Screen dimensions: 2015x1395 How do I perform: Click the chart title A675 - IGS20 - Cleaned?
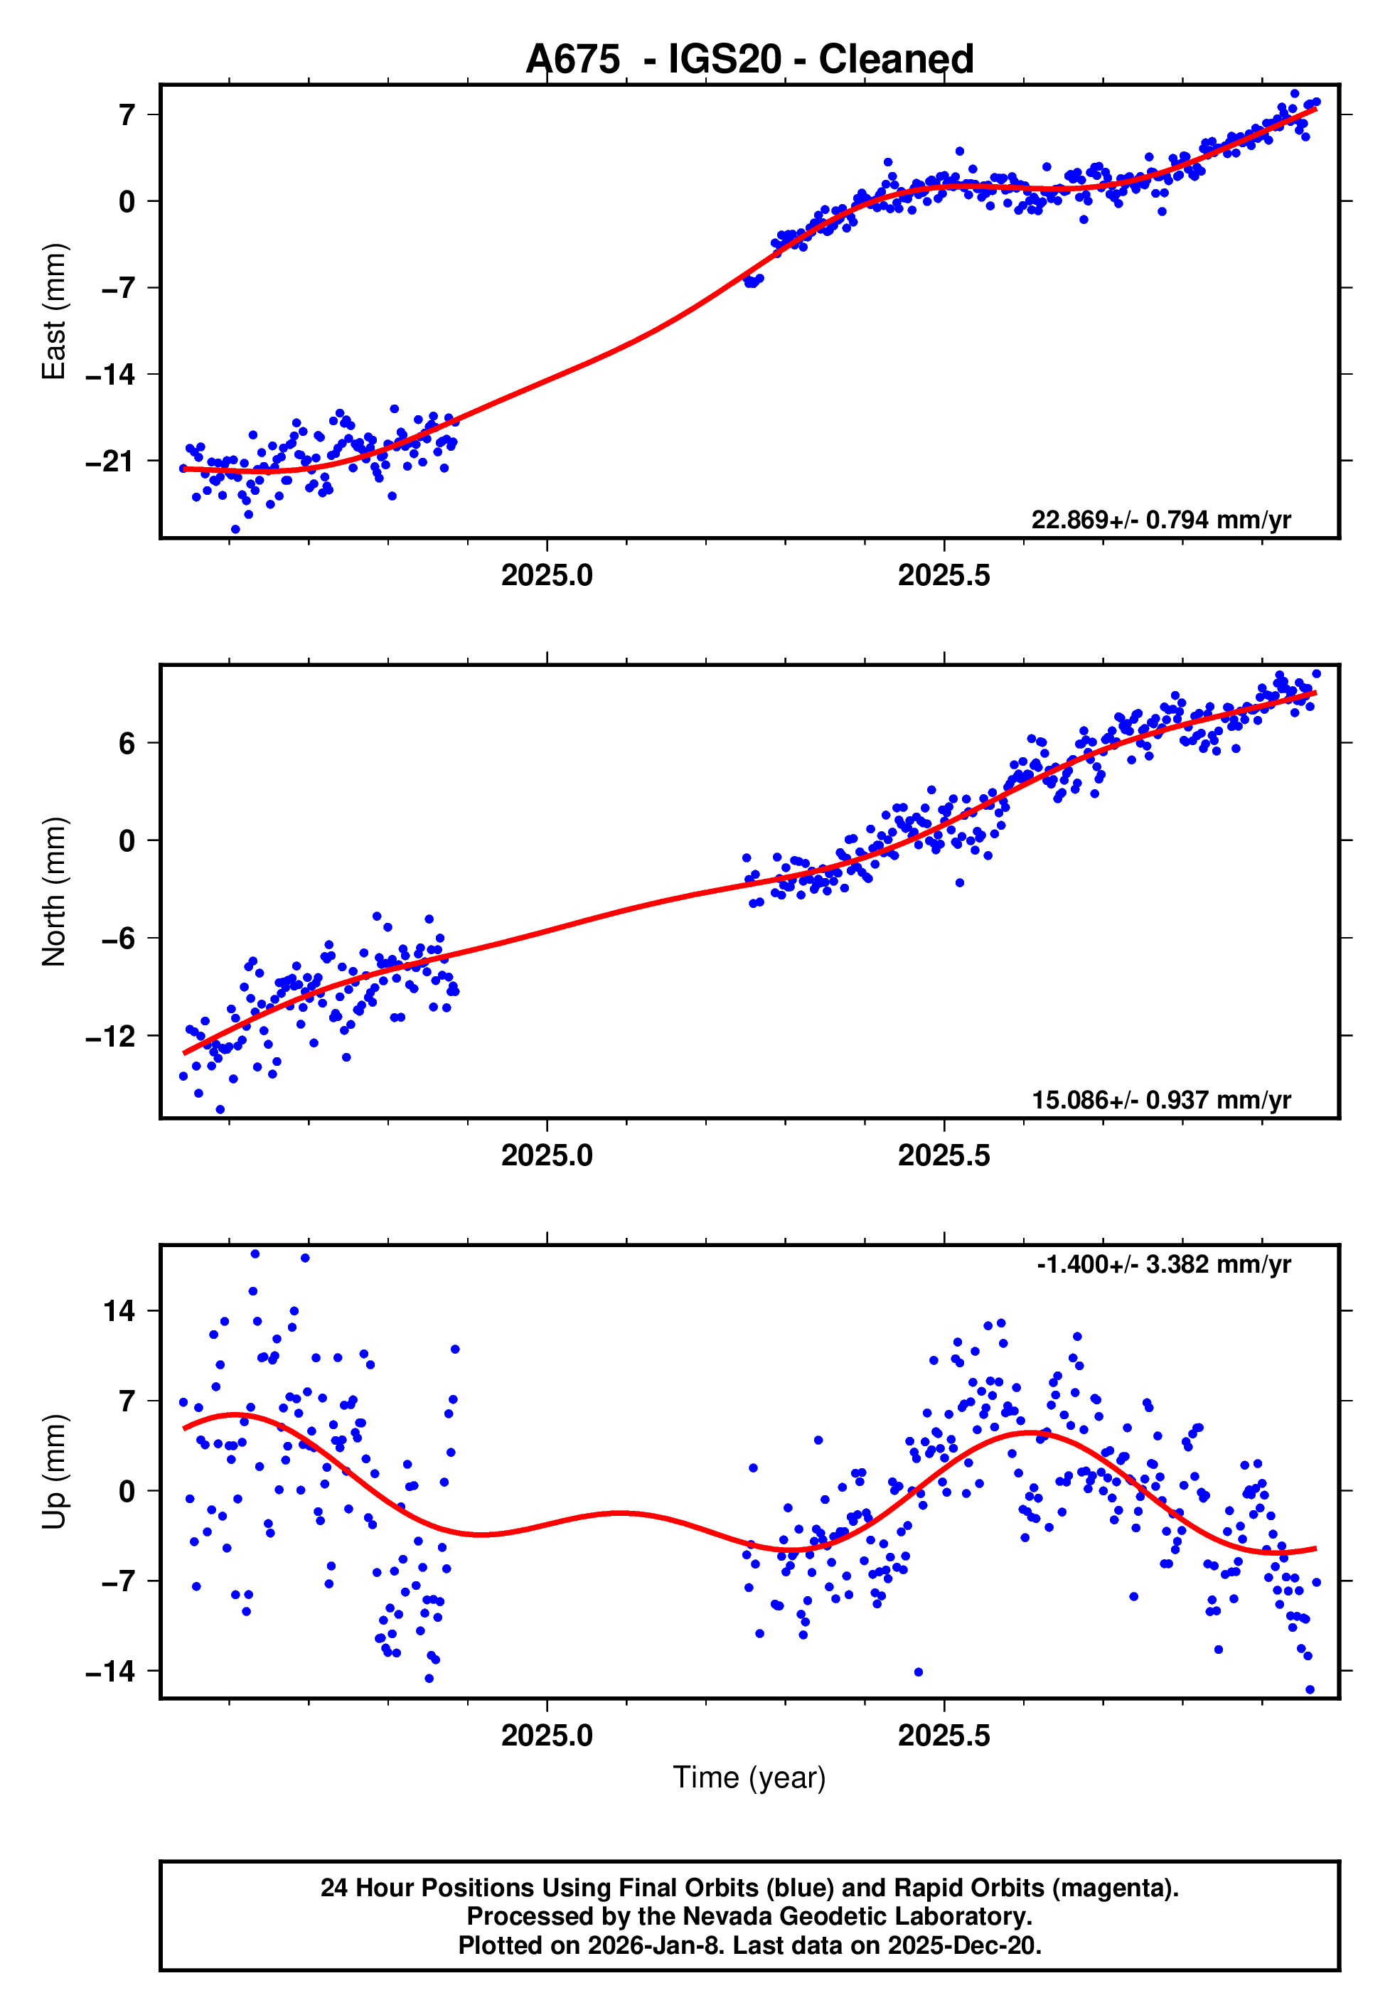(749, 60)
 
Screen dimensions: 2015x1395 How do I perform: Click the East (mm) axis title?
(54, 311)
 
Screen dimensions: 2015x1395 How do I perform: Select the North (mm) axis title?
(54, 892)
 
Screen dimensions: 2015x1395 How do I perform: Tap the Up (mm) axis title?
(54, 1472)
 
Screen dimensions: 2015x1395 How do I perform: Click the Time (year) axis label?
(749, 1778)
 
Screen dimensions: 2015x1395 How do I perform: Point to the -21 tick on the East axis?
(110, 461)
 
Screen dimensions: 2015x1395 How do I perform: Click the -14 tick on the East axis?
(110, 375)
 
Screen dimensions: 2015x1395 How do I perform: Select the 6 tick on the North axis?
(127, 743)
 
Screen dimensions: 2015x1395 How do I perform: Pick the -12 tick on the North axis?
(110, 1037)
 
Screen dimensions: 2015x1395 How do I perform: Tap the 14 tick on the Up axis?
(119, 1310)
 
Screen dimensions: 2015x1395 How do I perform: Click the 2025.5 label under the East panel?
(944, 575)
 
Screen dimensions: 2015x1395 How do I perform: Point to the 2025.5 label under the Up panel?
(944, 1736)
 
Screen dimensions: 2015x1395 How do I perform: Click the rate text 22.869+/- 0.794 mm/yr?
(1161, 520)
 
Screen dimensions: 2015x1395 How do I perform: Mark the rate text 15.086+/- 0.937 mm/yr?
(1161, 1100)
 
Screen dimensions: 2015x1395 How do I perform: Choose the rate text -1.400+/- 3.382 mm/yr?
(1163, 1264)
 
